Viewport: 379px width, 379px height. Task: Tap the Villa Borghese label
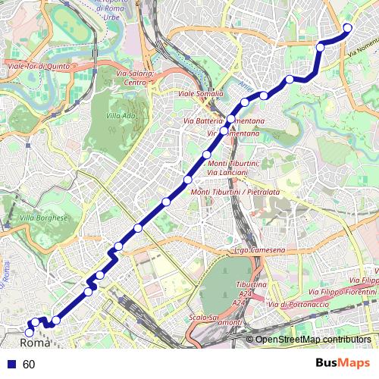[44, 218]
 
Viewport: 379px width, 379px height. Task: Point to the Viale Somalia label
[200, 94]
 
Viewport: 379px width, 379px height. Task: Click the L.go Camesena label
[259, 250]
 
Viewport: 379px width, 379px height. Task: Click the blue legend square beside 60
[10, 364]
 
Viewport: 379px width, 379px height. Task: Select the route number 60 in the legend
[29, 364]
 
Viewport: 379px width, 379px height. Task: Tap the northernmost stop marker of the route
[348, 29]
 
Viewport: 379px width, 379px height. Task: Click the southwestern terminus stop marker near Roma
[30, 332]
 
